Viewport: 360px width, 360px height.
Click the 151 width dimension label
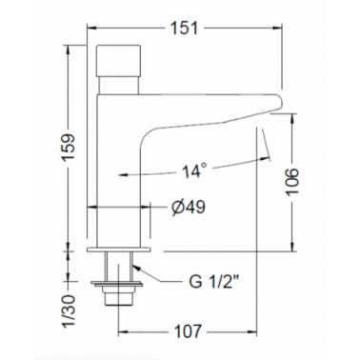coord(184,29)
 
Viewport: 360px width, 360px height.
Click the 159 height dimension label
coord(68,148)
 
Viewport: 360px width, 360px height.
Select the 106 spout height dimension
coord(292,182)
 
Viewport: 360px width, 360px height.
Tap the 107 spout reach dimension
coord(188,331)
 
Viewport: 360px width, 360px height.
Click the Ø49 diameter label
coord(189,208)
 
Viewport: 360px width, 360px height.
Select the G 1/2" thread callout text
coord(213,282)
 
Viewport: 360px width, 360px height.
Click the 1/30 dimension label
coord(70,310)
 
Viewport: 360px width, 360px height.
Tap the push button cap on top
coord(118,60)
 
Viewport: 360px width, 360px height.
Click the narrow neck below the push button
coord(118,85)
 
